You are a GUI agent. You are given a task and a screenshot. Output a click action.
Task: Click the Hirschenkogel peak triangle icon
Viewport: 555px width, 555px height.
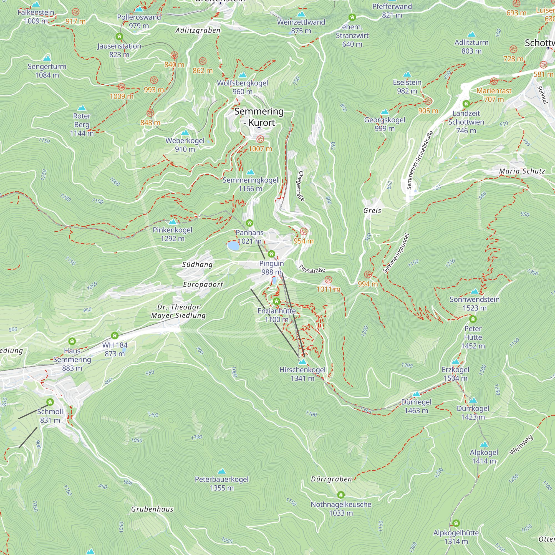pyautogui.click(x=302, y=362)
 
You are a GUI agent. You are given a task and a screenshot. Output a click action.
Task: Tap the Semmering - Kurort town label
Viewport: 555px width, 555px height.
pyautogui.click(x=259, y=117)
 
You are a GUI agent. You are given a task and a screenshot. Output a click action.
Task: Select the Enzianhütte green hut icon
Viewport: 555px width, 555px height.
pyautogui.click(x=276, y=301)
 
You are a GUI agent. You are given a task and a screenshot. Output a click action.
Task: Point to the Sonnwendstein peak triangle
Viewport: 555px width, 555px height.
pyautogui.click(x=475, y=291)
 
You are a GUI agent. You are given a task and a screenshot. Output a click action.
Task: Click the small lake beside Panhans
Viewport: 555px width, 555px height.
pyautogui.click(x=233, y=246)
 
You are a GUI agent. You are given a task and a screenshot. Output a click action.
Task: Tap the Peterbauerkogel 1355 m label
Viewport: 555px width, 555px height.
pyautogui.click(x=221, y=483)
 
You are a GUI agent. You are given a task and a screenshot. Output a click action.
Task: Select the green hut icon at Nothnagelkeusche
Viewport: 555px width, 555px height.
pyautogui.click(x=341, y=495)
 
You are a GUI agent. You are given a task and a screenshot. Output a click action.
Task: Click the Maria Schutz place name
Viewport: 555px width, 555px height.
pyautogui.click(x=522, y=171)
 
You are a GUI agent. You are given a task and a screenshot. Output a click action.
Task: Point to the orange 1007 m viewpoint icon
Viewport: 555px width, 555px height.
pyautogui.click(x=260, y=139)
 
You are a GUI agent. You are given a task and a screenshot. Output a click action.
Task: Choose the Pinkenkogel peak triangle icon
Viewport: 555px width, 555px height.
pyautogui.click(x=172, y=222)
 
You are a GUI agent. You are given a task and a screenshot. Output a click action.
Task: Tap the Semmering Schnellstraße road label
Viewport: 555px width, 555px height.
pyautogui.click(x=420, y=160)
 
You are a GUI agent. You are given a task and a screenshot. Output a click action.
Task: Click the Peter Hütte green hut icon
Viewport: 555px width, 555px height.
pyautogui.click(x=473, y=319)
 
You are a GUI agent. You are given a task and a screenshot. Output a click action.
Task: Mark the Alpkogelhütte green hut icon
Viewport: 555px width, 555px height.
pyautogui.click(x=456, y=523)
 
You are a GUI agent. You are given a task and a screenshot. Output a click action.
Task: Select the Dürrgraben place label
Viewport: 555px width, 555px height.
pyautogui.click(x=331, y=479)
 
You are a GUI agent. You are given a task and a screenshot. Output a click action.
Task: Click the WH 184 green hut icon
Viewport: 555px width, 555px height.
pyautogui.click(x=115, y=335)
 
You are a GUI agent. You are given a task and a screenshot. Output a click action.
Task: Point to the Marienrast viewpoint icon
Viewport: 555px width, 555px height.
pyautogui.click(x=494, y=81)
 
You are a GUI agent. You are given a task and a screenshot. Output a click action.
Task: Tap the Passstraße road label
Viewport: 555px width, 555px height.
pyautogui.click(x=312, y=269)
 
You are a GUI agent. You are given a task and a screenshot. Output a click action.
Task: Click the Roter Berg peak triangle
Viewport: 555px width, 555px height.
pyautogui.click(x=82, y=108)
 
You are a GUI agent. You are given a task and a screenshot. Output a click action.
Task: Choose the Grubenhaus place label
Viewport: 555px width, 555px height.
pyautogui.click(x=152, y=509)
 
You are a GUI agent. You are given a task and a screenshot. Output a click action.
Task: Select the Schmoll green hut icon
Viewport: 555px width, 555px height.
pyautogui.click(x=50, y=402)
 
